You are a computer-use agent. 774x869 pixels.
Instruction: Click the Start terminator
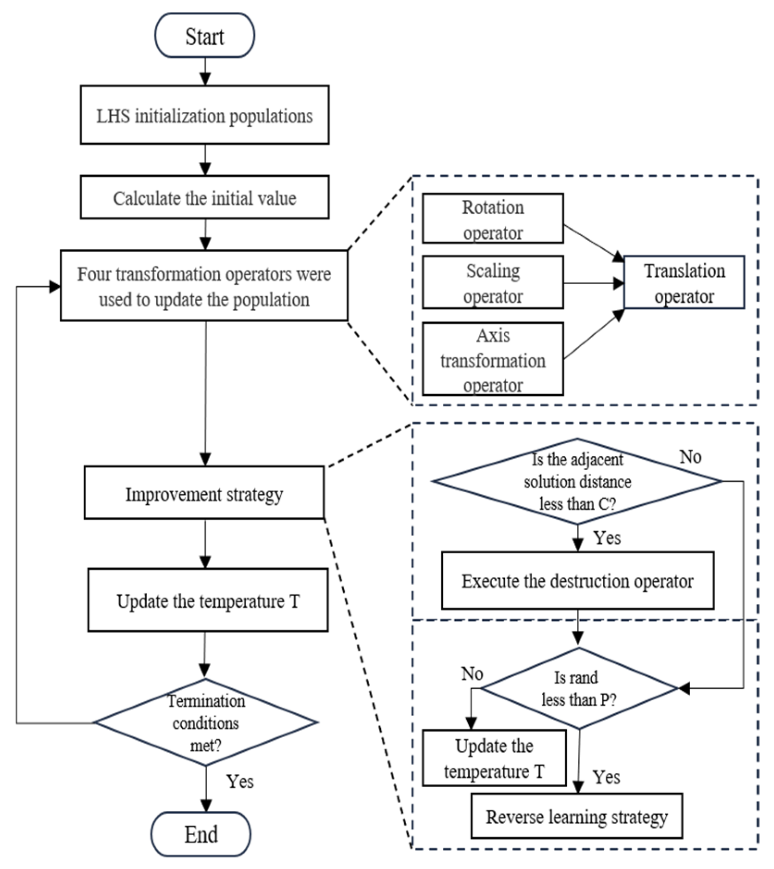tap(204, 36)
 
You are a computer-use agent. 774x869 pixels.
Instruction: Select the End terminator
tap(201, 834)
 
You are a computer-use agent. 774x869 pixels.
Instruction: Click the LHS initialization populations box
tap(204, 115)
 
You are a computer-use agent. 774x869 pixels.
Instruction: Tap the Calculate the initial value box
tap(204, 197)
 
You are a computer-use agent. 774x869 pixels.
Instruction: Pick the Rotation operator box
tap(493, 219)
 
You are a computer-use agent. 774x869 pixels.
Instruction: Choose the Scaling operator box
tap(493, 282)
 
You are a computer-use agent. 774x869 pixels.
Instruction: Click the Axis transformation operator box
tap(493, 359)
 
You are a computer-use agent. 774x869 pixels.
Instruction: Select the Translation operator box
tap(684, 282)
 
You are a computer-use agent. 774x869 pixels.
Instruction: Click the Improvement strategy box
tap(204, 493)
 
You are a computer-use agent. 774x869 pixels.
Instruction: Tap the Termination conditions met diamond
tap(205, 722)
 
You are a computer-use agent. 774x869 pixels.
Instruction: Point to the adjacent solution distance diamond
tap(577, 481)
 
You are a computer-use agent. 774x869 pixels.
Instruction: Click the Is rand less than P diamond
tap(578, 688)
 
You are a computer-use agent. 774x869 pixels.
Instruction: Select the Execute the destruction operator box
tap(577, 581)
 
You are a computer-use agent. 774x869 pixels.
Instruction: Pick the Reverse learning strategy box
tap(576, 817)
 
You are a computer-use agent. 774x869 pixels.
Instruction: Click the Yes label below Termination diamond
tap(240, 782)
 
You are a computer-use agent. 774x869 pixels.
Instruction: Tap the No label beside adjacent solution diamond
tap(690, 457)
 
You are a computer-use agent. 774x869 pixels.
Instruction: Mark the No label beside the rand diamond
tap(472, 673)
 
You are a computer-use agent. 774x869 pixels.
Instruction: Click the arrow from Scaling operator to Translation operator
tap(593, 283)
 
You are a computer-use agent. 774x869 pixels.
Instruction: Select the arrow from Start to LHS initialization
tap(205, 72)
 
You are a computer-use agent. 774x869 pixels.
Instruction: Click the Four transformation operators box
tap(204, 286)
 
